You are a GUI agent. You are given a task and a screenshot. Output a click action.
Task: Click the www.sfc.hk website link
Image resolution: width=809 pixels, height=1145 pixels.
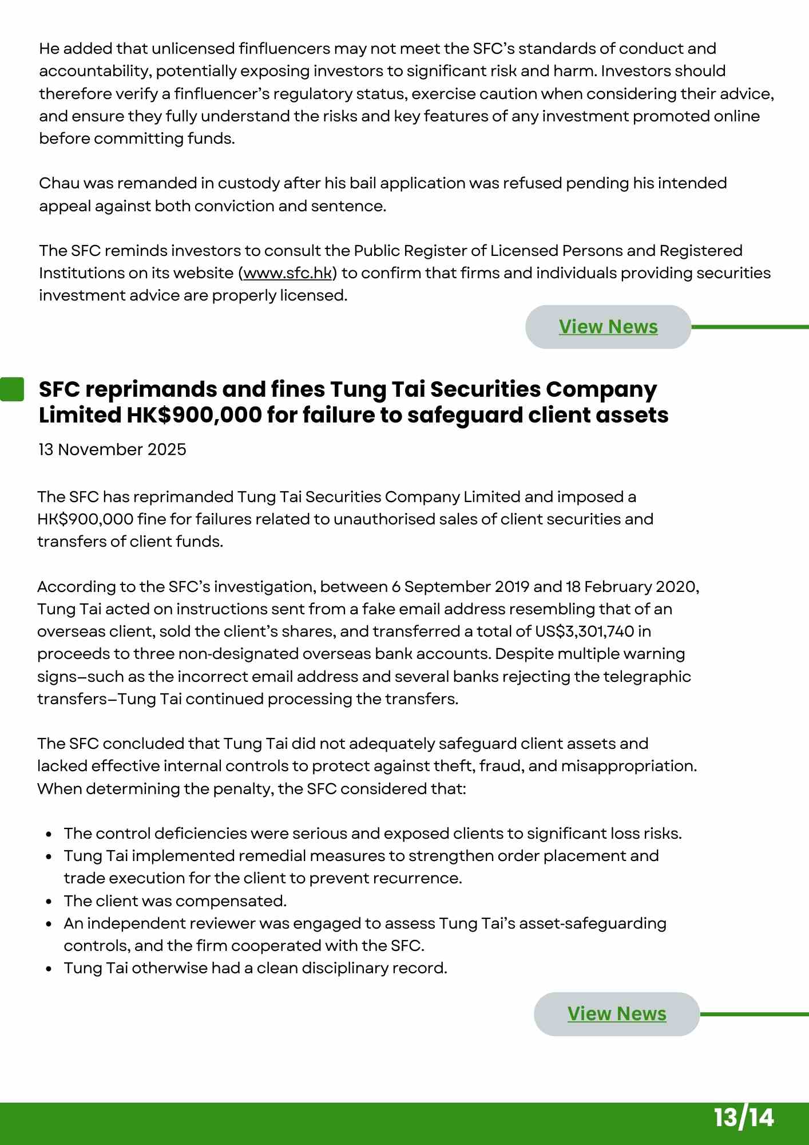(287, 273)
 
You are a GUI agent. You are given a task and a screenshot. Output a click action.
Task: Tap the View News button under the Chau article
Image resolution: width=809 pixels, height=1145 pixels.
(608, 327)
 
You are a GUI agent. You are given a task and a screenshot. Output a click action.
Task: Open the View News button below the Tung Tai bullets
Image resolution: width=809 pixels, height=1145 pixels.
(616, 1014)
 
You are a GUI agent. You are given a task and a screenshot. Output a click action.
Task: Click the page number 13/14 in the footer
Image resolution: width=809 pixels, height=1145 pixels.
(743, 1118)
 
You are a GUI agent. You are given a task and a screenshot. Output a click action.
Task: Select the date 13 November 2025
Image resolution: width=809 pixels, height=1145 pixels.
(113, 449)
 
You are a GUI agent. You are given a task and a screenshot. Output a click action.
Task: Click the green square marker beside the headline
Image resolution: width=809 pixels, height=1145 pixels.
(11, 389)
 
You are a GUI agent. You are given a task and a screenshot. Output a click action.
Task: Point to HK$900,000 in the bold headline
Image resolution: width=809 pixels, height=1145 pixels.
(194, 415)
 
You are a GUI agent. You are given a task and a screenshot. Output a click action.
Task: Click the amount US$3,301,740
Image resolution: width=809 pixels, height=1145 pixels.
(584, 631)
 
